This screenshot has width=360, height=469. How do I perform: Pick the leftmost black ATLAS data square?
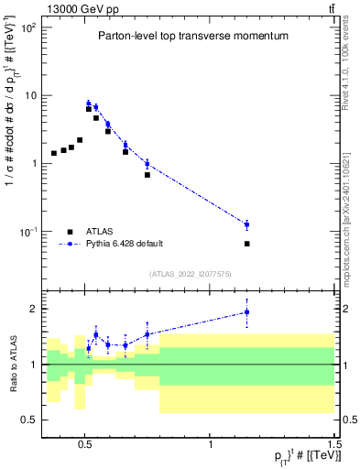[x=54, y=153]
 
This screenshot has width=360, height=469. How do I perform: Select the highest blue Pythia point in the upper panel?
[x=89, y=104]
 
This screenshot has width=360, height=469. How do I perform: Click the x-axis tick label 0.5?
[x=85, y=442]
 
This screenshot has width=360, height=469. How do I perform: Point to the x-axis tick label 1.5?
[x=334, y=442]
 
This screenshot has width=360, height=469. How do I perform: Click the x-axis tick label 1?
[x=211, y=442]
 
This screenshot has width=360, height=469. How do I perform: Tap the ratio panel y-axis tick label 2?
[x=31, y=309]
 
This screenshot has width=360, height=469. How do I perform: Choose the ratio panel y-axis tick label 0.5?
[x=27, y=420]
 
